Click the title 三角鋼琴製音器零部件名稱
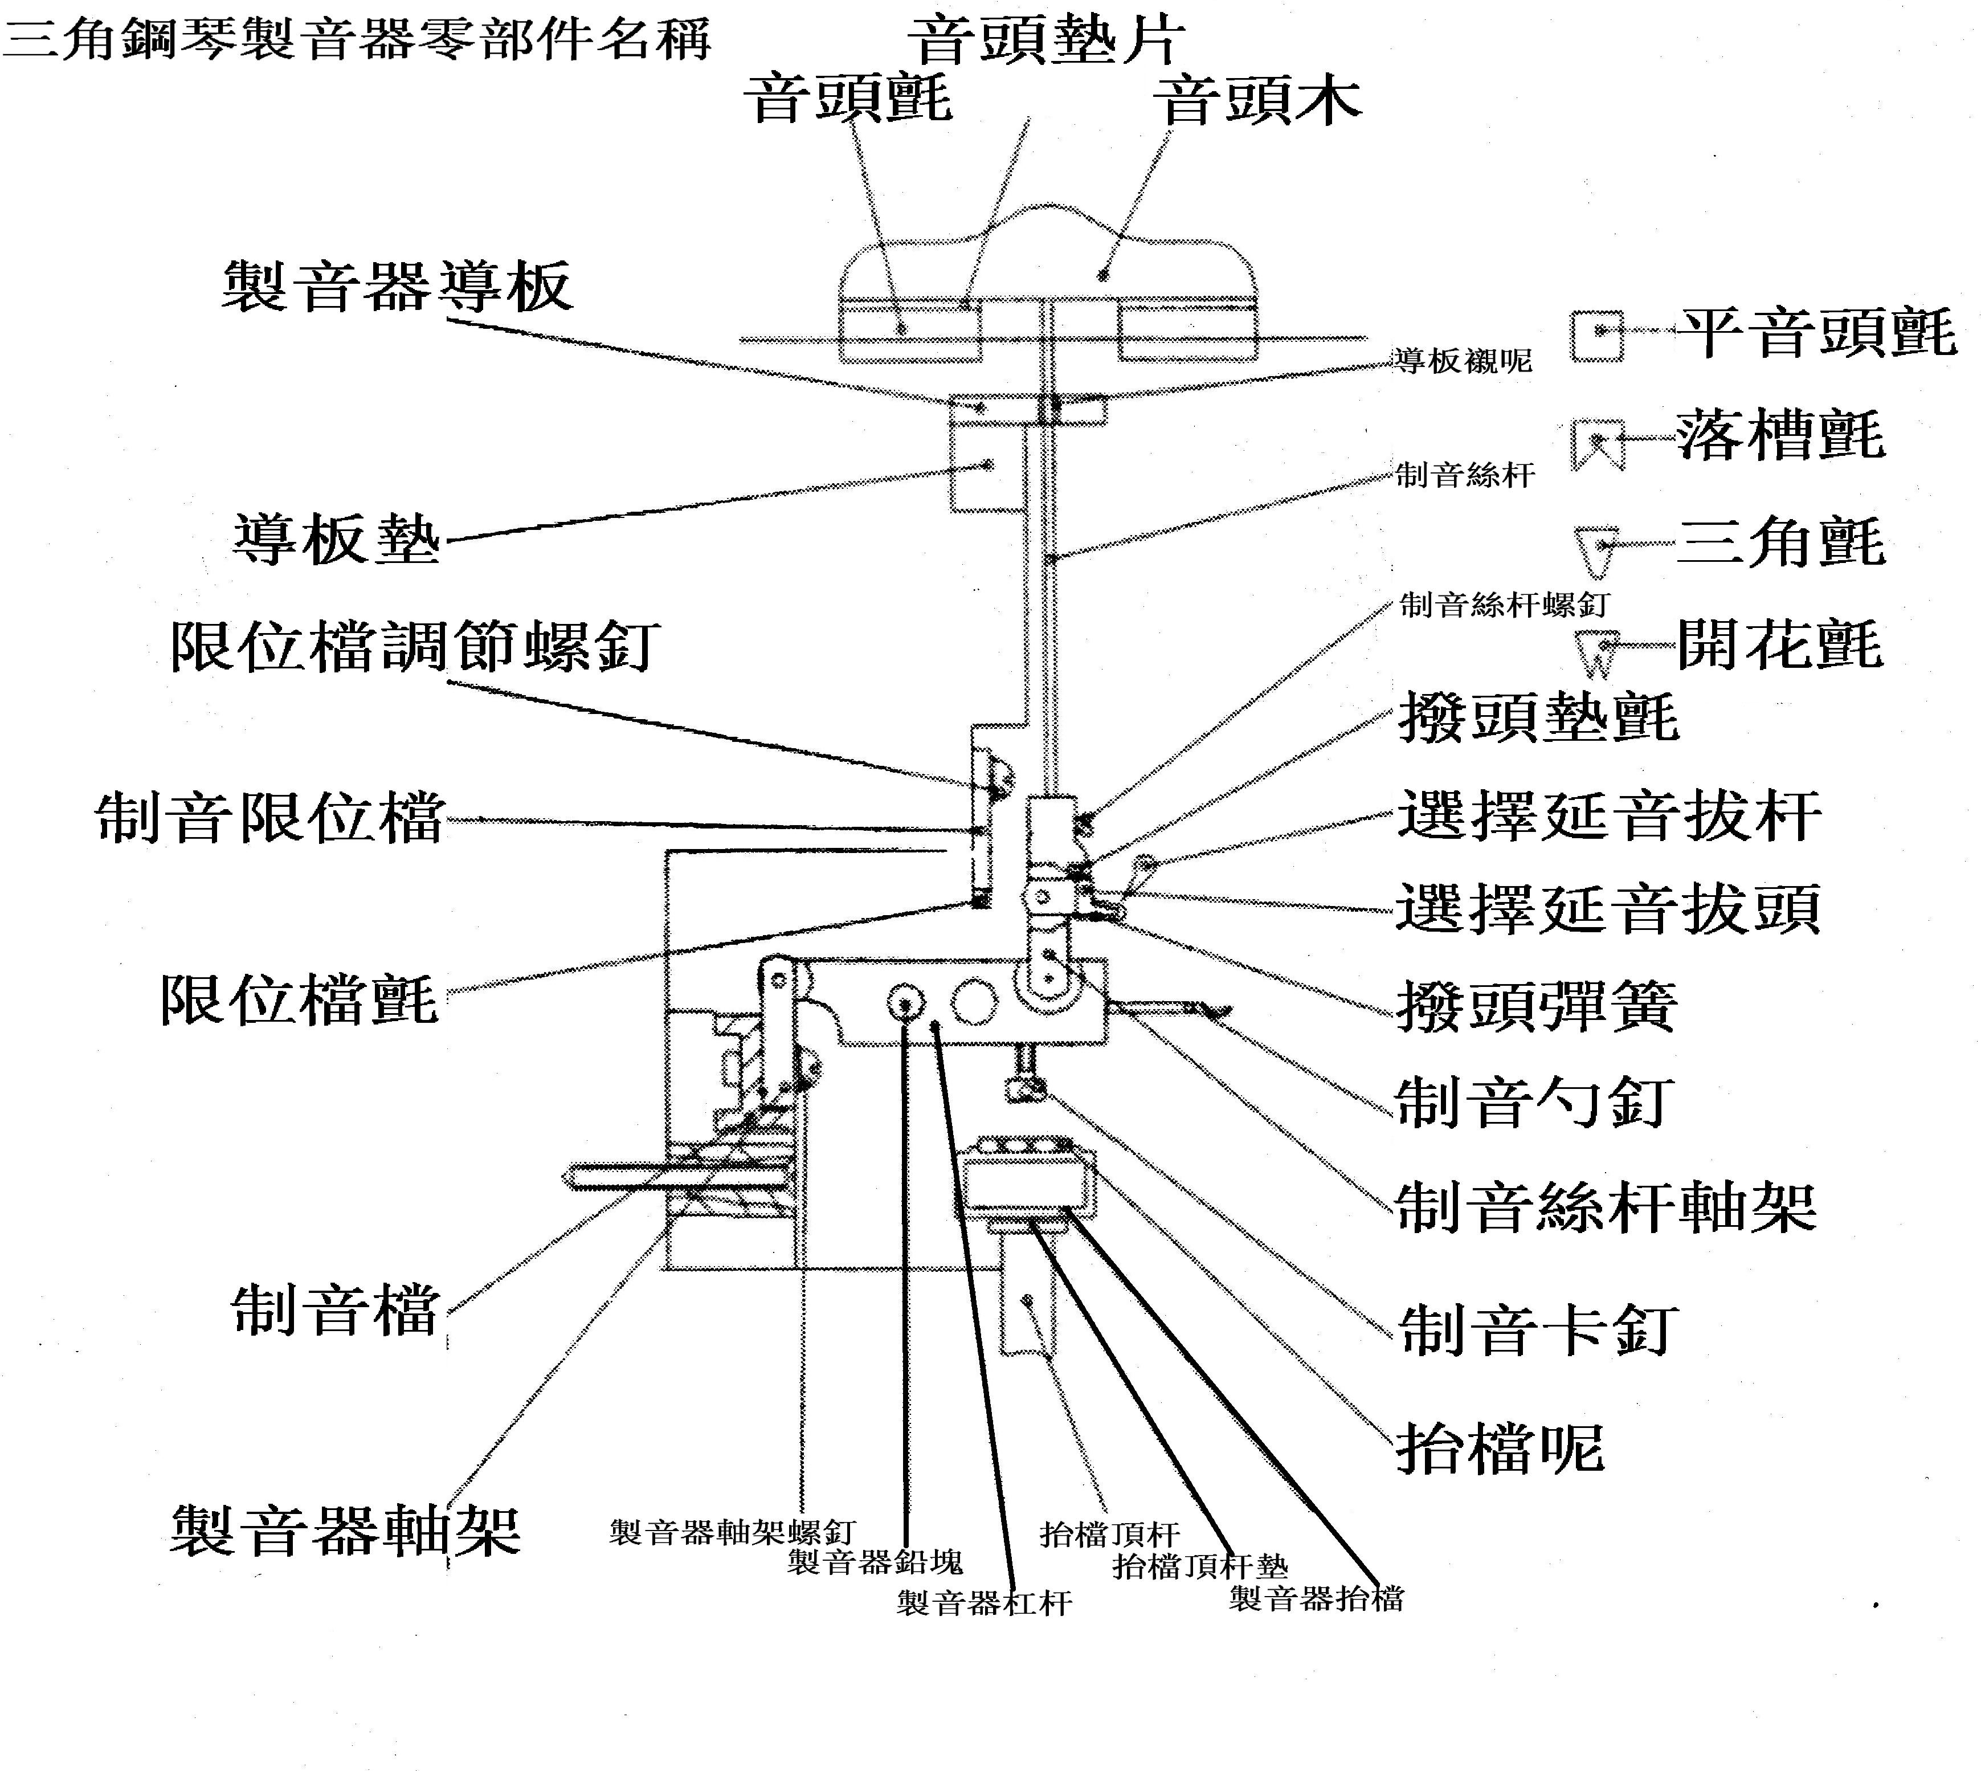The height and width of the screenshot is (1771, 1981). pyautogui.click(x=356, y=39)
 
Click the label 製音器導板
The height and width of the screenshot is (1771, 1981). pyautogui.click(x=397, y=287)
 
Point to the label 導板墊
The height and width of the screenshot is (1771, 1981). pyautogui.click(x=337, y=540)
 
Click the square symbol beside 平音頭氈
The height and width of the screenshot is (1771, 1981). pyautogui.click(x=1596, y=336)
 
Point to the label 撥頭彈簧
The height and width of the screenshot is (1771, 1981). pyautogui.click(x=1537, y=1006)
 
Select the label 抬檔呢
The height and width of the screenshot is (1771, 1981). pyautogui.click(x=1500, y=1449)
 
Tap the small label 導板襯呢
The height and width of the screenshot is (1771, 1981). pyautogui.click(x=1463, y=361)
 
